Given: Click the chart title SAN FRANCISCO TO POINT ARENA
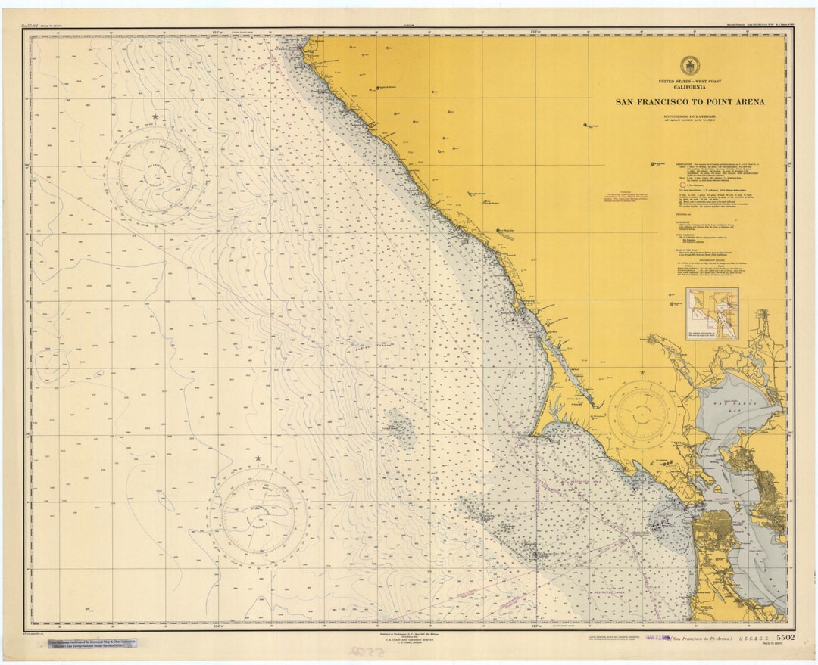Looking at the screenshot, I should click(x=689, y=101).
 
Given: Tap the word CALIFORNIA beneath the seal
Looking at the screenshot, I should click(x=689, y=87).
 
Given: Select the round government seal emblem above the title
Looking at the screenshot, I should click(x=689, y=65).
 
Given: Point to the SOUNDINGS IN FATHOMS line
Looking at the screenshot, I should click(x=689, y=117).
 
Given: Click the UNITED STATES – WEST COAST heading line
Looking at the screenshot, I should click(x=689, y=81).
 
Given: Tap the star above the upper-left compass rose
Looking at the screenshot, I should click(x=155, y=117).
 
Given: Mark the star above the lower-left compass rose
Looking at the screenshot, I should click(x=258, y=458).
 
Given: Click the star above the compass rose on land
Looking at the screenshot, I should click(x=642, y=372).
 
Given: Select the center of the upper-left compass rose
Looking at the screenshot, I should click(x=155, y=176).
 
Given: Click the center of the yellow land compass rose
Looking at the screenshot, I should click(x=642, y=414).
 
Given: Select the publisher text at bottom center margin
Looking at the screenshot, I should click(x=409, y=639).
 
